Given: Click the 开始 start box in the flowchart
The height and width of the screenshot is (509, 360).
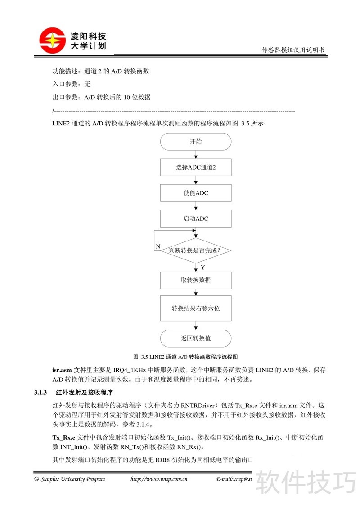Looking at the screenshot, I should tap(196, 141).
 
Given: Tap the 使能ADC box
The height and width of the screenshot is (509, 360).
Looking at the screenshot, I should tap(196, 193).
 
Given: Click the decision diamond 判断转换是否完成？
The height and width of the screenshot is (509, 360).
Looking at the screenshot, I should tap(196, 250).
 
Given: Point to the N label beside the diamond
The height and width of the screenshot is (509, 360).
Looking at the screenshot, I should tap(158, 246).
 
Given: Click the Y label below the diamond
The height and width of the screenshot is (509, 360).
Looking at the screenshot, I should tap(203, 268).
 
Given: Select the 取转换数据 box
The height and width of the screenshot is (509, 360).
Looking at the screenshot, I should tap(196, 280).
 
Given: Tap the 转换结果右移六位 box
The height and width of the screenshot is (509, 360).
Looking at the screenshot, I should tap(196, 308).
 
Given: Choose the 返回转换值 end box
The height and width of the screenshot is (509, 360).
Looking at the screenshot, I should tap(196, 338).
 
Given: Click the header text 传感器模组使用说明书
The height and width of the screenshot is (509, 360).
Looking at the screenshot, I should tap(293, 50).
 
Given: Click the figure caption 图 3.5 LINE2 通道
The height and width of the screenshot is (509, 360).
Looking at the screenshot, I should tap(185, 357).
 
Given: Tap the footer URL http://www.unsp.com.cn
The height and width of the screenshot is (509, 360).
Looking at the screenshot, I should tap(158, 479).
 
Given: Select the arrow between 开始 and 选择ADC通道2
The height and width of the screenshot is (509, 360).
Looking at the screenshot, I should tap(196, 154).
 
